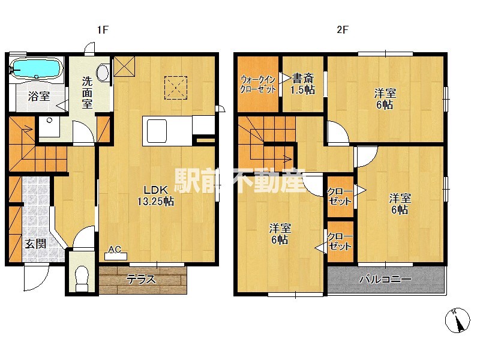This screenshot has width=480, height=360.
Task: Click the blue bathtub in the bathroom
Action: coord(37,68)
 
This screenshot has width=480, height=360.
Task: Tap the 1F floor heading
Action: coord(103,29)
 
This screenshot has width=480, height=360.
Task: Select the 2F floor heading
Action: coord(343,29)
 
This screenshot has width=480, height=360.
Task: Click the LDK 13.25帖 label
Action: coord(156,196)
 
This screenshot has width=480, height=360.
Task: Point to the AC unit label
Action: coord(115,250)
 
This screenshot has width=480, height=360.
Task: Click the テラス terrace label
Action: coord(142,280)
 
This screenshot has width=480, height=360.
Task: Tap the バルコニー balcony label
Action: coord(385,279)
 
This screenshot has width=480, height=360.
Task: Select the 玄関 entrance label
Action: coord(35,244)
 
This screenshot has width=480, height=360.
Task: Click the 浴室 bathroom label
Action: coord(39,96)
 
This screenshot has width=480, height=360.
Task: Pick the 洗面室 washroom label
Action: coord(87,93)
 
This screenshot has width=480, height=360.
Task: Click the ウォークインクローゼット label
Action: coord(258,84)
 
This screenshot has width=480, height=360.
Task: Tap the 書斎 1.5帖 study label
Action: coord(303,84)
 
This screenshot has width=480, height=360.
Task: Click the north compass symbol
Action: coord(457,320)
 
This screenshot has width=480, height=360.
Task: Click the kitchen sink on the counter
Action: coord(157,131)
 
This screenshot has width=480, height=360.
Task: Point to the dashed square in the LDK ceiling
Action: coord(176,88)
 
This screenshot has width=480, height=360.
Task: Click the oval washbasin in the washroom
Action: coord(103,73)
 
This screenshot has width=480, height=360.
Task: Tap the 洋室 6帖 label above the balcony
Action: coord(400,204)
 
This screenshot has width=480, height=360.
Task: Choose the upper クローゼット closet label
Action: coord(340,197)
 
